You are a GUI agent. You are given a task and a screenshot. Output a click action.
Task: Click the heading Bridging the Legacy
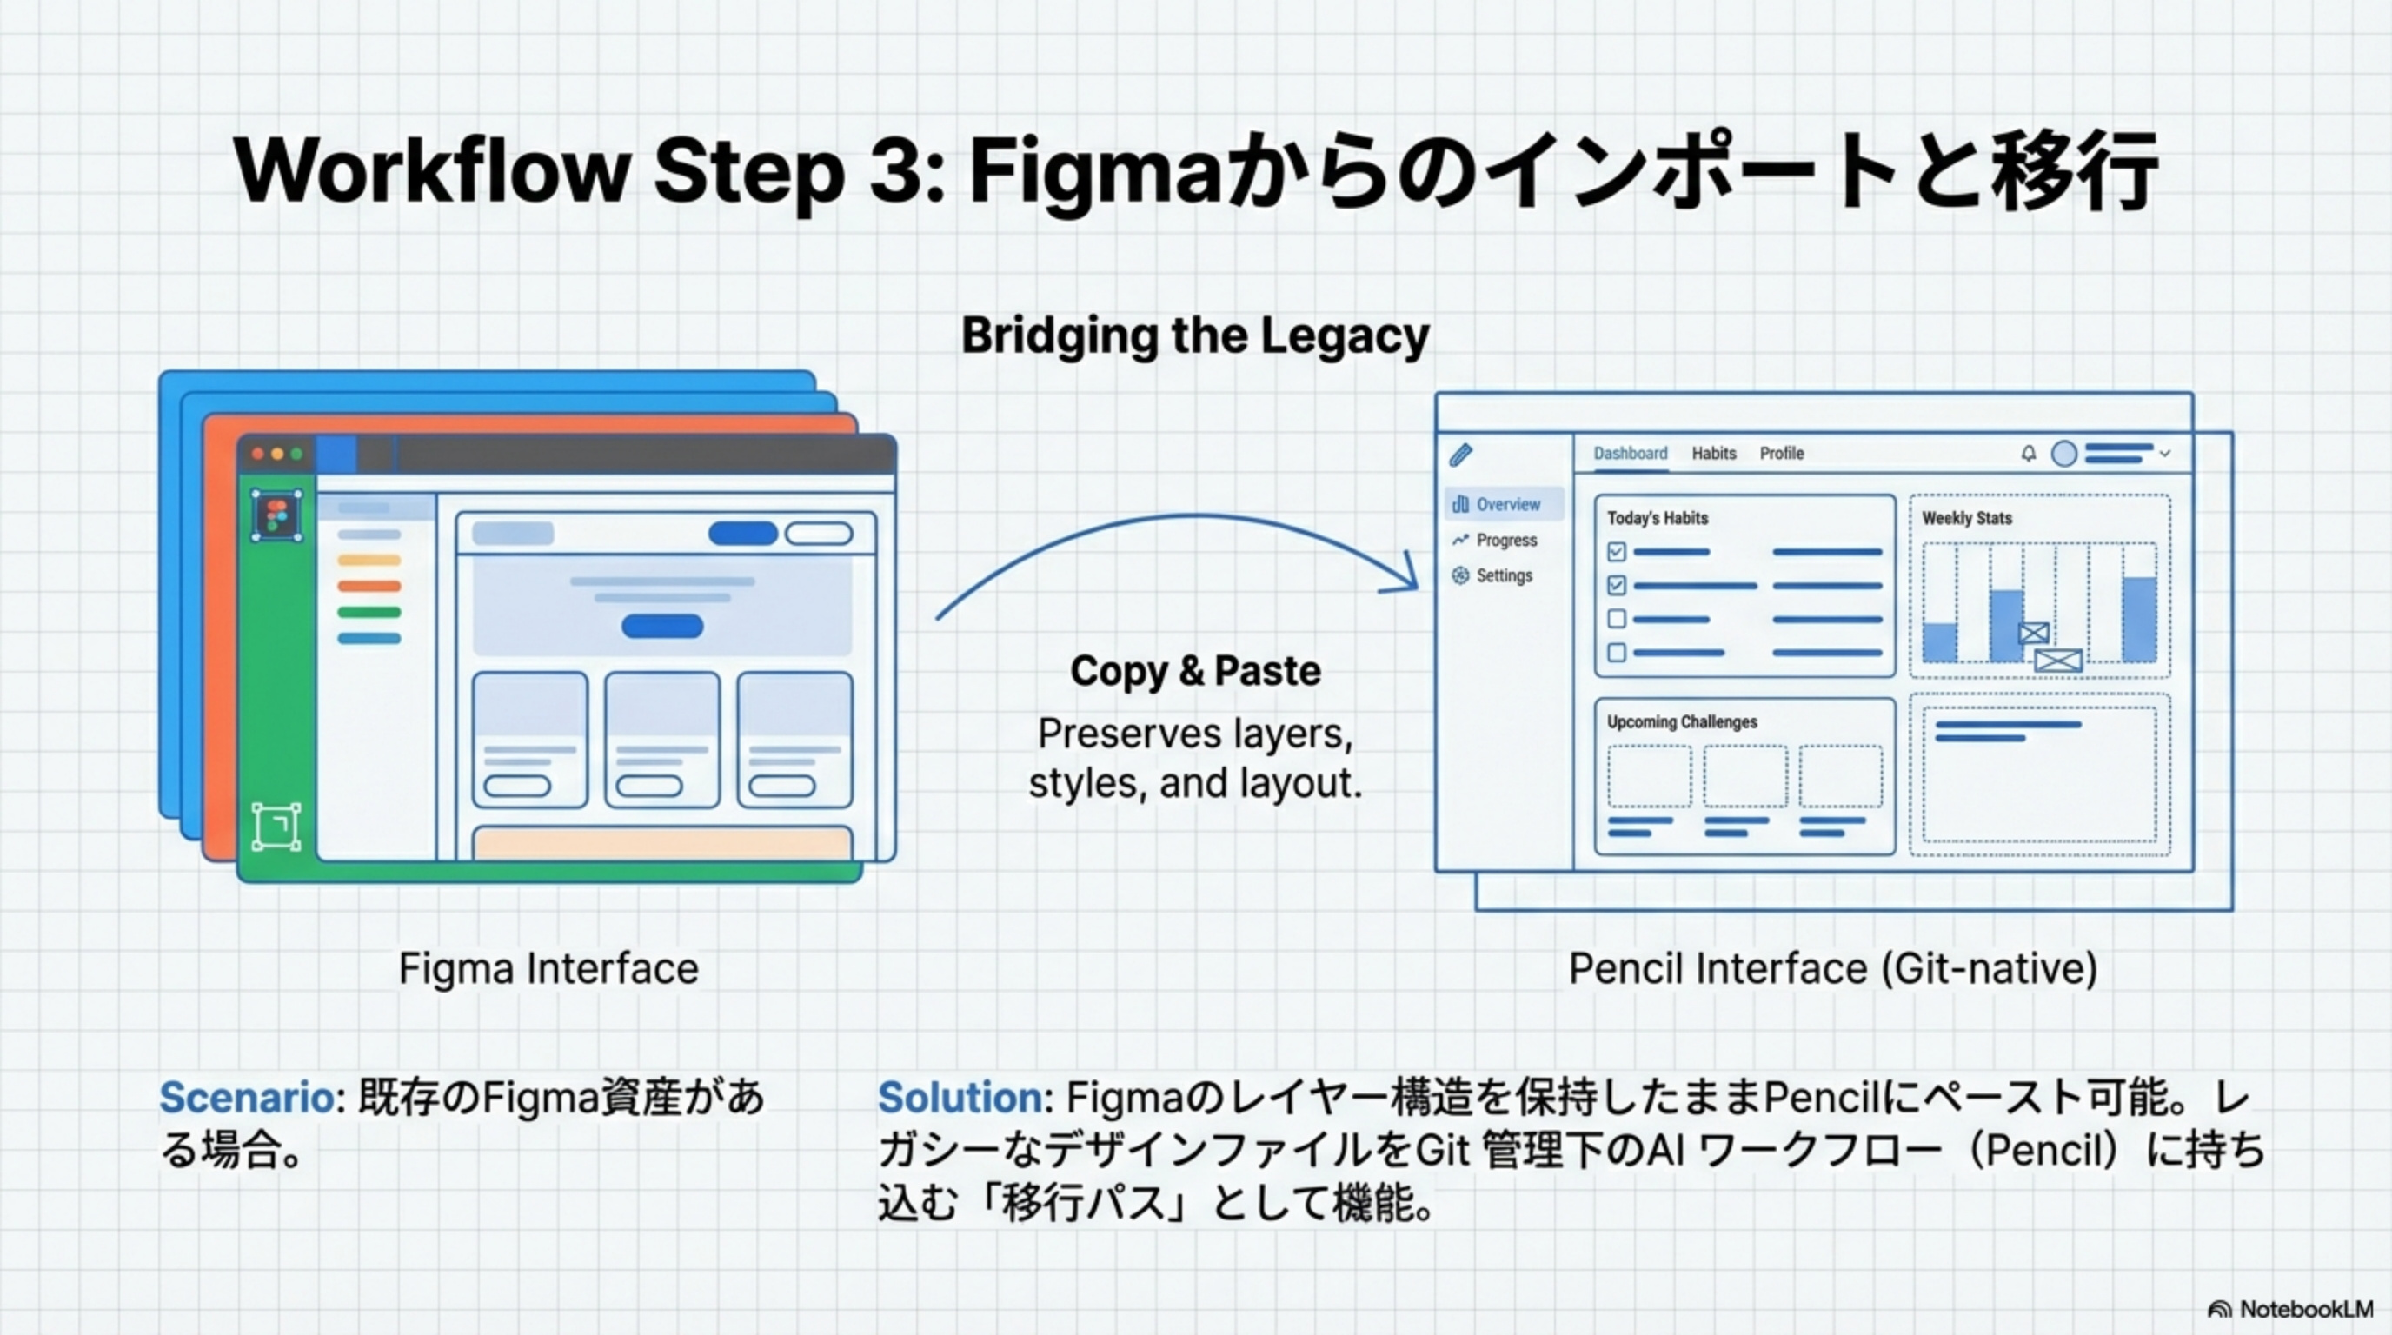(1195, 335)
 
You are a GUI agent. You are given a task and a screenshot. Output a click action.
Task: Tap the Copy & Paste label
(1195, 670)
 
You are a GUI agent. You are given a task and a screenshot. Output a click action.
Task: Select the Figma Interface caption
(548, 968)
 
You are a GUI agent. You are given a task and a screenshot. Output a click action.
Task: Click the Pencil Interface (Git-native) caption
(1833, 968)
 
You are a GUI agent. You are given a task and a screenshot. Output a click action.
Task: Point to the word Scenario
(247, 1098)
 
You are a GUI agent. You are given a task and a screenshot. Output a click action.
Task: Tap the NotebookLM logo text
(2306, 1309)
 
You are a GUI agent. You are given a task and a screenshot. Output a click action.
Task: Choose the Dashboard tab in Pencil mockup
(1631, 453)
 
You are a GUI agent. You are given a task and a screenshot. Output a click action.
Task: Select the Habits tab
(1713, 453)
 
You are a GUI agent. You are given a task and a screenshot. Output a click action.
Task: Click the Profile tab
(1782, 453)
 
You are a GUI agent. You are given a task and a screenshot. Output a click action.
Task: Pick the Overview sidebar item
(1507, 504)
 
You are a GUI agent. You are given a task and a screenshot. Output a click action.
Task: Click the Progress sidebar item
(1506, 540)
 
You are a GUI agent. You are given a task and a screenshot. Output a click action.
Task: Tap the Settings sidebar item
(1505, 575)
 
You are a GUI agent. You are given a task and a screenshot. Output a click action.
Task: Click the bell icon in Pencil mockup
(2029, 453)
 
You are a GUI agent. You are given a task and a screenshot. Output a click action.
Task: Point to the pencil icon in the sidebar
(1460, 454)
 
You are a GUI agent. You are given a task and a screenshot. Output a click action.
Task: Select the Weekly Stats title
(1967, 518)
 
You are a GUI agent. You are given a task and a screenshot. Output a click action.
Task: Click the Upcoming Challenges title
(1682, 721)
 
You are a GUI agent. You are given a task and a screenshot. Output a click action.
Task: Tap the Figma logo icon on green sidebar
(276, 515)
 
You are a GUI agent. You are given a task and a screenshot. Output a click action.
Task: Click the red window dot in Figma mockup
(258, 454)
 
